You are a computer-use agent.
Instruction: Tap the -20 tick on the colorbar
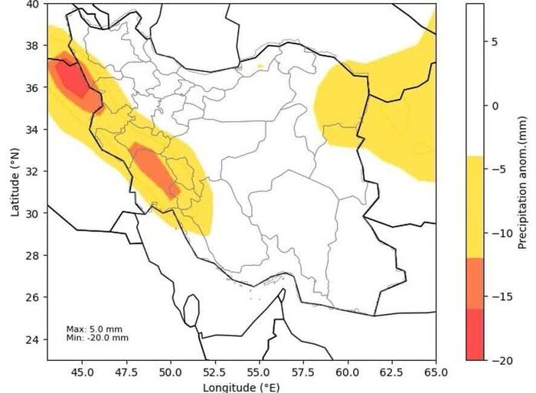tap(498, 360)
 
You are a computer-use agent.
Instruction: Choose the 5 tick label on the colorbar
tap(494, 42)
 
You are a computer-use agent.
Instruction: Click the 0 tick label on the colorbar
tap(494, 106)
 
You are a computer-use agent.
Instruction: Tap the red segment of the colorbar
tap(475, 334)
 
